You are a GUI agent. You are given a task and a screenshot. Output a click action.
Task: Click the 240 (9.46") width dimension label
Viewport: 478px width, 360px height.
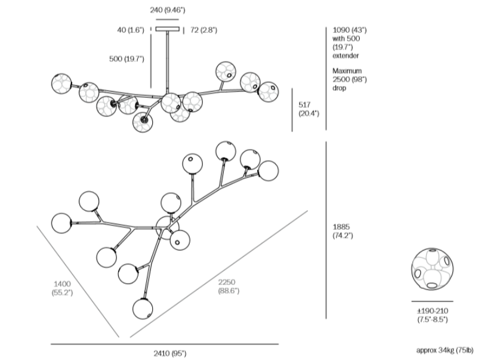(167, 10)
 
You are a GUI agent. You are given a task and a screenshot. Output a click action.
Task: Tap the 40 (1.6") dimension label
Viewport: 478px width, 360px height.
(131, 30)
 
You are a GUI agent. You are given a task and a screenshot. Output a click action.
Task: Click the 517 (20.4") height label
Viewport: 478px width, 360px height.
(309, 108)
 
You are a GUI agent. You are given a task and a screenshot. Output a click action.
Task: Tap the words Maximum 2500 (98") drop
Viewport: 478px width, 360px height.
(349, 79)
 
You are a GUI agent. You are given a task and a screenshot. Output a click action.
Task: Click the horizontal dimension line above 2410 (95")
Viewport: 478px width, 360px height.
(164, 344)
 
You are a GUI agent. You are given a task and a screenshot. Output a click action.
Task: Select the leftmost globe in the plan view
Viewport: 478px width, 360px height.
(62, 223)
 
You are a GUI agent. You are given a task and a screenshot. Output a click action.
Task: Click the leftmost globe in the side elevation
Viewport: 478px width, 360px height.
(61, 83)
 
